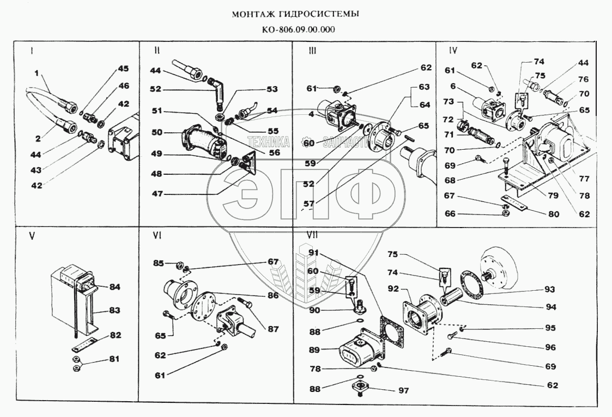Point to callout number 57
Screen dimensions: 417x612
310,205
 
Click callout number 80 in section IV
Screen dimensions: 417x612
554,214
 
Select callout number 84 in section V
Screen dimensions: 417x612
114,286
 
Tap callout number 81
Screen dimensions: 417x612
113,359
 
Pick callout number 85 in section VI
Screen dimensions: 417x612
159,263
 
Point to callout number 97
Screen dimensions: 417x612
402,390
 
